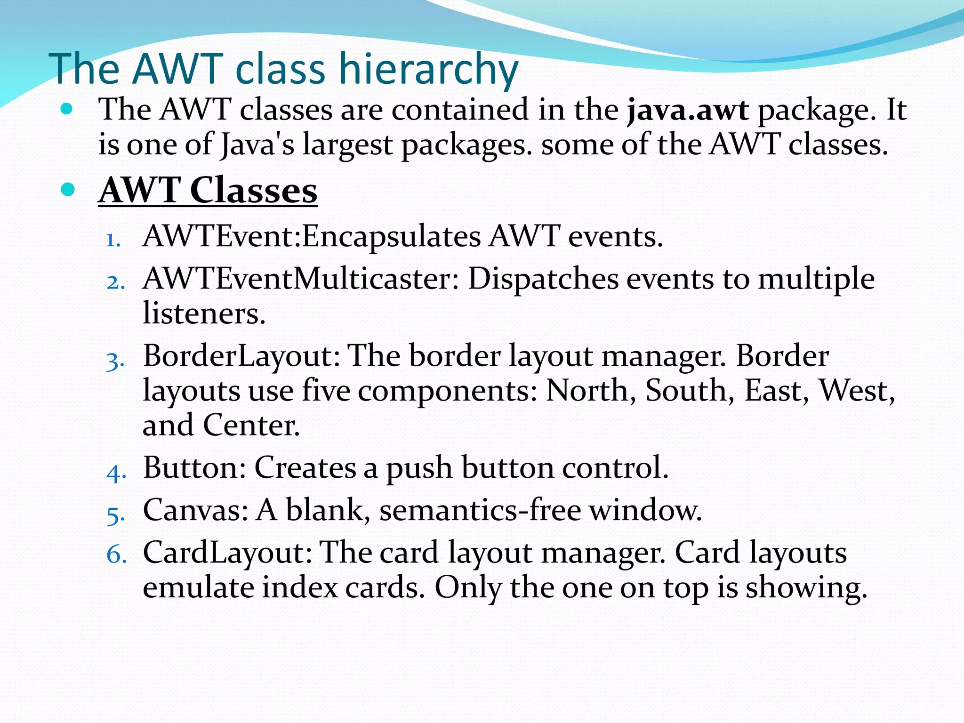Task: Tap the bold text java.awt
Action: pos(688,110)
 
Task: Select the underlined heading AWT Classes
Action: pos(208,191)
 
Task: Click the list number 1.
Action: pos(113,240)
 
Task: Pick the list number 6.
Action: pos(116,554)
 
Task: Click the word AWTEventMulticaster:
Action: pos(301,279)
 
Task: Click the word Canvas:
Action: pos(195,510)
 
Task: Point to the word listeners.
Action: pos(204,313)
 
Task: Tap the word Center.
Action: pos(251,425)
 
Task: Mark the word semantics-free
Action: pos(480,510)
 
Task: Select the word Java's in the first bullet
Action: pos(257,144)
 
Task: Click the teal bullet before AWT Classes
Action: pos(68,190)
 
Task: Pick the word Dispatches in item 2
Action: pos(543,279)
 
